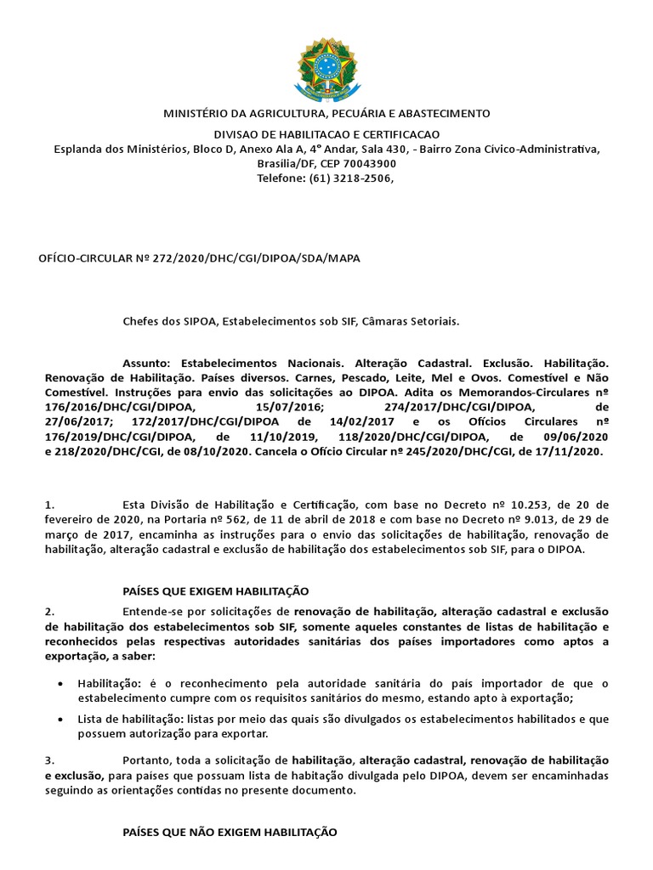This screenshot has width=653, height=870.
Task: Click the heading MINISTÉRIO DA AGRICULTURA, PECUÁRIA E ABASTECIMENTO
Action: (x=326, y=113)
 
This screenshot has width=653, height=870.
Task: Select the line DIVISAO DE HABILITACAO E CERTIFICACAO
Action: (x=326, y=135)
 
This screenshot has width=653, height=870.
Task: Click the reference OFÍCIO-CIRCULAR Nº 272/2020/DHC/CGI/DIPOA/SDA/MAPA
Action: (x=200, y=257)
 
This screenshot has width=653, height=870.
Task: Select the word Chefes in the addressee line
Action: (x=142, y=321)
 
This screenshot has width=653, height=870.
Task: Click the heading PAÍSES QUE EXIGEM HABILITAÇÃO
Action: (x=216, y=590)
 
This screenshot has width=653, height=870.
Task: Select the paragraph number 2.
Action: (x=50, y=612)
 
